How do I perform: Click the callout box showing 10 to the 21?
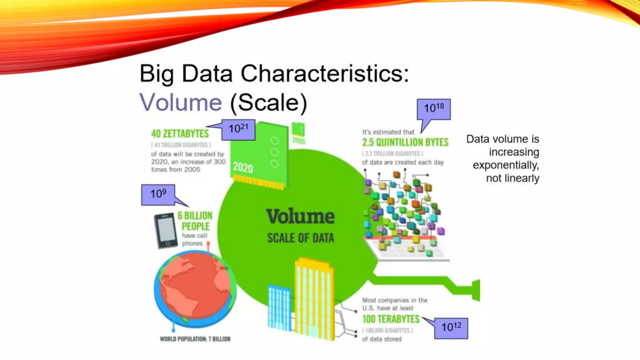click(x=238, y=129)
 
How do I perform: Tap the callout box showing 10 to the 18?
click(x=434, y=109)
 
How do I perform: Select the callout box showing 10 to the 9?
click(x=158, y=195)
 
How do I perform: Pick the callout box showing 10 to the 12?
click(x=451, y=328)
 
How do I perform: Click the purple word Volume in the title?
click(x=180, y=102)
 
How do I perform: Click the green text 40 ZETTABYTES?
click(x=180, y=134)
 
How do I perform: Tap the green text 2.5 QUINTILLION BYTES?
click(x=405, y=142)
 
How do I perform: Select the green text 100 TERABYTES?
click(x=391, y=319)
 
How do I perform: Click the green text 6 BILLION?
click(x=195, y=216)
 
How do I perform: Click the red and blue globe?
click(x=195, y=289)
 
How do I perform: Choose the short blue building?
click(x=279, y=308)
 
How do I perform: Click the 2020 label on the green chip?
click(x=243, y=168)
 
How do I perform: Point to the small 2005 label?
click(x=298, y=141)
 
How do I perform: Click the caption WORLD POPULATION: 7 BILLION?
click(x=195, y=339)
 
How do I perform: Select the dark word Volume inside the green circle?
click(x=300, y=217)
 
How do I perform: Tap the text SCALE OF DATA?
click(x=300, y=238)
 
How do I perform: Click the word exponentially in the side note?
click(x=506, y=165)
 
